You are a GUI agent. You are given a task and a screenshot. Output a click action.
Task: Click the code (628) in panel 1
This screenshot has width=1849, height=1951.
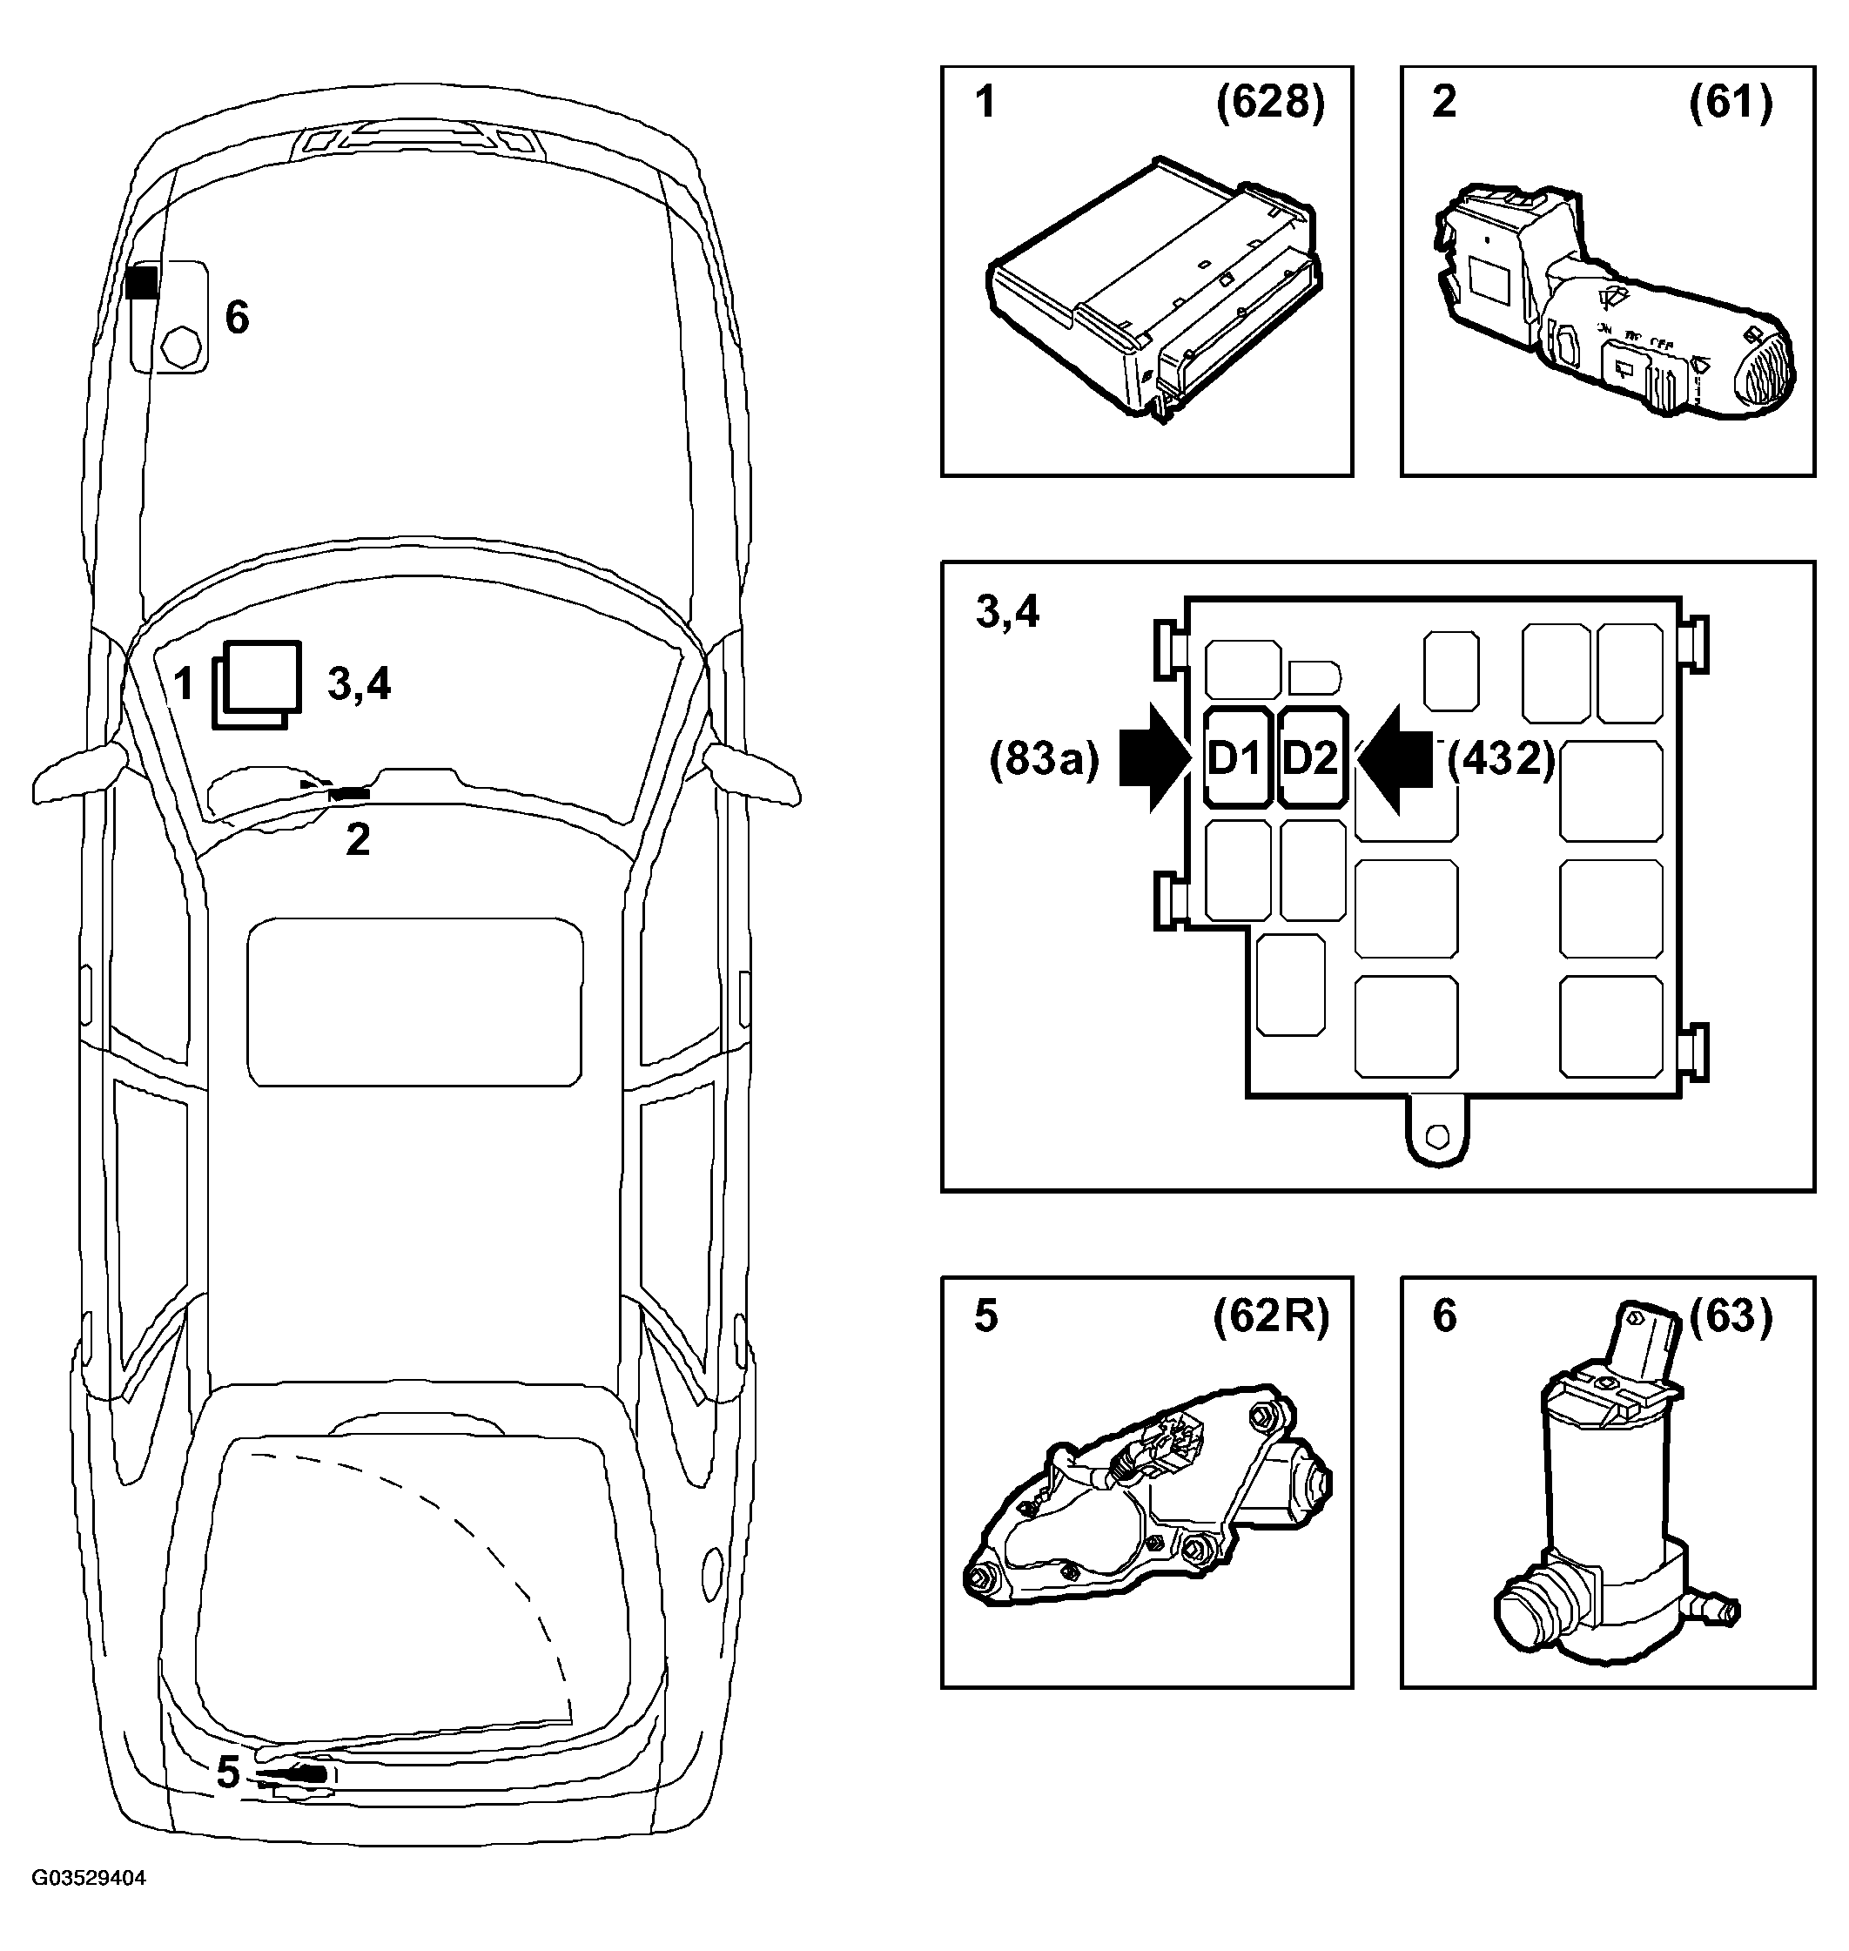pyautogui.click(x=1270, y=103)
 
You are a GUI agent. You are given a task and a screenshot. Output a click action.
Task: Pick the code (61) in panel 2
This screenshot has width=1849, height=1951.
pyautogui.click(x=1731, y=103)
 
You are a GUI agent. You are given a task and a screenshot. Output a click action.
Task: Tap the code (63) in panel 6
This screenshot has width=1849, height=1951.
pyautogui.click(x=1731, y=1316)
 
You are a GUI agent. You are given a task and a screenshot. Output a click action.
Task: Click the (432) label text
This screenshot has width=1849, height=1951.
pyautogui.click(x=1501, y=760)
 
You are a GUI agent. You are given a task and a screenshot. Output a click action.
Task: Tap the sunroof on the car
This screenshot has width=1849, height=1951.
pyautogui.click(x=415, y=1002)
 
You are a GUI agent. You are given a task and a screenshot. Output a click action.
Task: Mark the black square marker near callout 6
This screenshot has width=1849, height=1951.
pyautogui.click(x=142, y=281)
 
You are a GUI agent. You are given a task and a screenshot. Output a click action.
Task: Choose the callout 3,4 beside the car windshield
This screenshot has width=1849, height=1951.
pyautogui.click(x=359, y=683)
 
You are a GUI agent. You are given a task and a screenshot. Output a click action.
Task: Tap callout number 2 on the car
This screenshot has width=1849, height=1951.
pyautogui.click(x=358, y=839)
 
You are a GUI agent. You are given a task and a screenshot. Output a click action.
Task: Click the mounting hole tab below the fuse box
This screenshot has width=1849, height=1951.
pyautogui.click(x=1438, y=1132)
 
